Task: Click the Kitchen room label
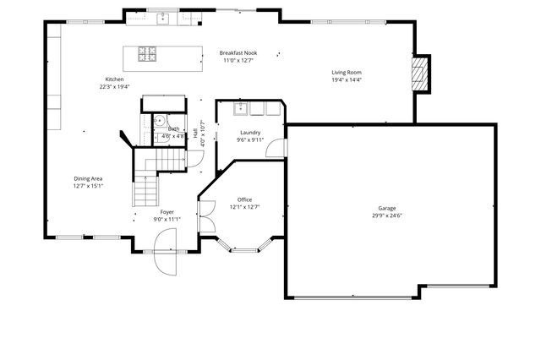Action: click(x=114, y=79)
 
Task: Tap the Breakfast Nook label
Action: click(x=238, y=52)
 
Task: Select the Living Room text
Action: click(x=346, y=73)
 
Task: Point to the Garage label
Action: click(x=386, y=208)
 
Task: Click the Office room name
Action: click(x=244, y=199)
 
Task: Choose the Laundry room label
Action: click(x=249, y=133)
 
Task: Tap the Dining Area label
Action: click(x=88, y=178)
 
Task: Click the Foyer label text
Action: click(x=167, y=211)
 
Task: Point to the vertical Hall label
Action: click(x=195, y=134)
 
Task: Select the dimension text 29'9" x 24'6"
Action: click(x=386, y=215)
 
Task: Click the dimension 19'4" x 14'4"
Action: click(x=346, y=80)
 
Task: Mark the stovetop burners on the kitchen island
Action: click(x=147, y=55)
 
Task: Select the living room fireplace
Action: click(x=421, y=73)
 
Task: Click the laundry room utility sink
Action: click(x=238, y=108)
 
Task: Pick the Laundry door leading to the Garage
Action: click(x=277, y=148)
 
